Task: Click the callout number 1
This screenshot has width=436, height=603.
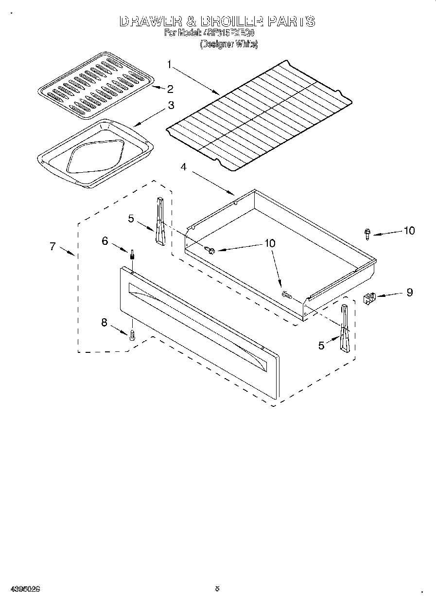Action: (x=170, y=63)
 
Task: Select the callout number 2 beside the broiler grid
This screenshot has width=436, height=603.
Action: (x=170, y=89)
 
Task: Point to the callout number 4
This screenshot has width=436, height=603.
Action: (x=183, y=167)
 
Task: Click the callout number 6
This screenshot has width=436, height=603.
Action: (x=105, y=240)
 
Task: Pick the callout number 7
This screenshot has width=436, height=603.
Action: (x=52, y=246)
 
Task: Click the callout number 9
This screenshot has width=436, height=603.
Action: (x=409, y=292)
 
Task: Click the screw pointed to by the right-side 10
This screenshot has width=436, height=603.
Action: (x=367, y=234)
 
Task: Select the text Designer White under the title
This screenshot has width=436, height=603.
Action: (x=228, y=44)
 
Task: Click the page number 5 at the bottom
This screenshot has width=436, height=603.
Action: (x=217, y=589)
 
